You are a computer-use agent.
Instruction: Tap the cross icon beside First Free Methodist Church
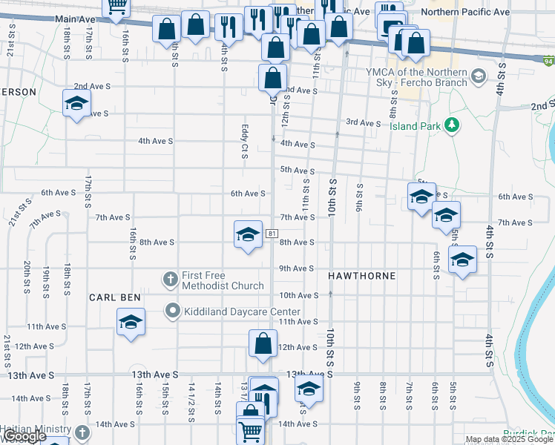[170, 280]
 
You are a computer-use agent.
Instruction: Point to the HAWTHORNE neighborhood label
[362, 276]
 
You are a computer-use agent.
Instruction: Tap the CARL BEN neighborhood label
[115, 297]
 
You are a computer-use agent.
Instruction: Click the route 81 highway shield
[272, 234]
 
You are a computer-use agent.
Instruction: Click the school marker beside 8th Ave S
[249, 235]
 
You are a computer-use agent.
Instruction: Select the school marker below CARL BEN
[131, 322]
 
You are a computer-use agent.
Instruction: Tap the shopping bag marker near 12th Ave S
[263, 344]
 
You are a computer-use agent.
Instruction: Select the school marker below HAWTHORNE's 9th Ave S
[462, 261]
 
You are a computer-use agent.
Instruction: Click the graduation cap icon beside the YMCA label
[479, 76]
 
